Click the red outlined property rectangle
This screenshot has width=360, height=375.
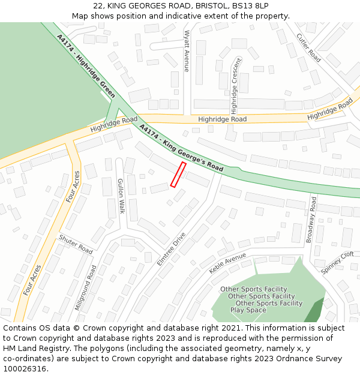click(x=178, y=175)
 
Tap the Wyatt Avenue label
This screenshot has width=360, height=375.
click(x=187, y=51)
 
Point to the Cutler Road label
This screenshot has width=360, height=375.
click(x=308, y=47)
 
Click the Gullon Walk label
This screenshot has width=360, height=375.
click(x=121, y=196)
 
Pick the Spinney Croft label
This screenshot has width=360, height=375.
click(x=337, y=263)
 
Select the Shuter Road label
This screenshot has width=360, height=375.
click(x=76, y=243)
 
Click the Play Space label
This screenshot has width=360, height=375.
click(x=248, y=310)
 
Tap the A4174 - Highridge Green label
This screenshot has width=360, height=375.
click(x=86, y=66)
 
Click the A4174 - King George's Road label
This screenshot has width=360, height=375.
click(x=181, y=148)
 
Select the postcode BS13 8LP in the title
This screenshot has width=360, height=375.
click(x=248, y=5)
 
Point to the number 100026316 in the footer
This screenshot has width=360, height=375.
click(x=26, y=368)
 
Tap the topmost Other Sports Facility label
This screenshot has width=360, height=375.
click(x=253, y=289)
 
